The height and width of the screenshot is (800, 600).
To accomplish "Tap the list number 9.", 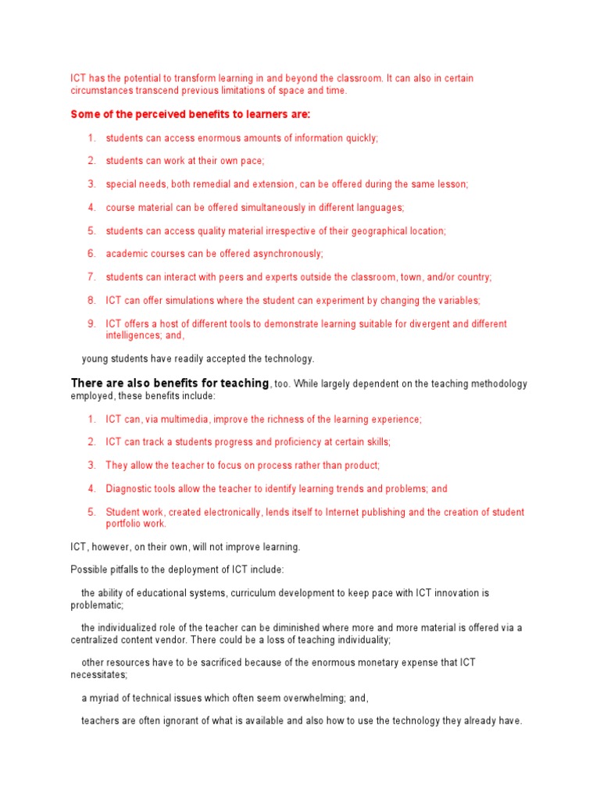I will pyautogui.click(x=91, y=323).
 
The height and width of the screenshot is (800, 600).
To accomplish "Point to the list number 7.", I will pyautogui.click(x=91, y=277).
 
